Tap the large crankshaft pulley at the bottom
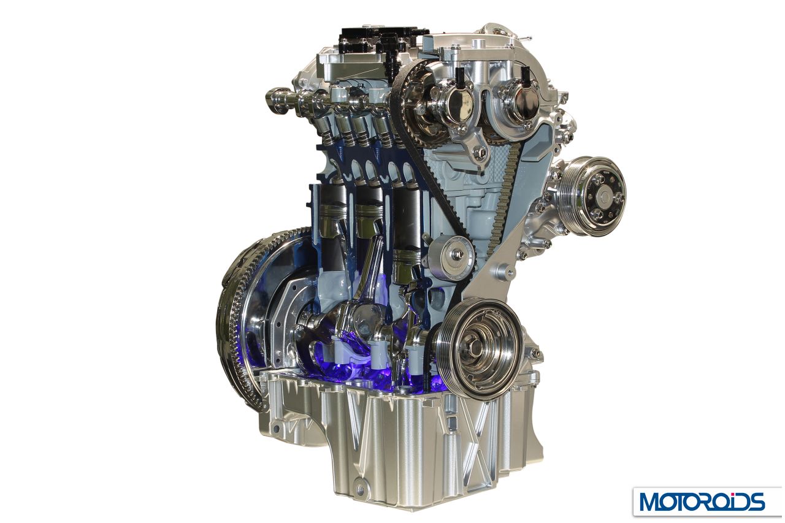[x=478, y=349]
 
